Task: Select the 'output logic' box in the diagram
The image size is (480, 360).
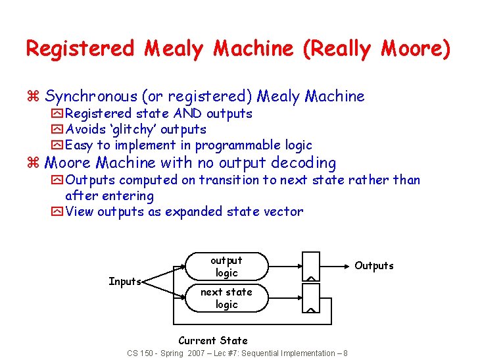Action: click(227, 266)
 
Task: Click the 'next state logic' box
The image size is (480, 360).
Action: click(227, 298)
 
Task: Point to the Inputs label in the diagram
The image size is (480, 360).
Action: click(125, 282)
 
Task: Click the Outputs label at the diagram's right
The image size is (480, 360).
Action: click(374, 265)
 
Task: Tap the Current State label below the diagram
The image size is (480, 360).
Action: click(213, 340)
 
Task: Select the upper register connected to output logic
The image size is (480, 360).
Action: click(310, 267)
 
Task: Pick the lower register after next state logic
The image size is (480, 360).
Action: click(310, 297)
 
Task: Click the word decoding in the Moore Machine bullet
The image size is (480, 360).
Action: click(305, 163)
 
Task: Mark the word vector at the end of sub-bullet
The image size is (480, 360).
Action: click(285, 211)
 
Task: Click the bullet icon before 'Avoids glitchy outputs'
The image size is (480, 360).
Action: click(57, 130)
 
